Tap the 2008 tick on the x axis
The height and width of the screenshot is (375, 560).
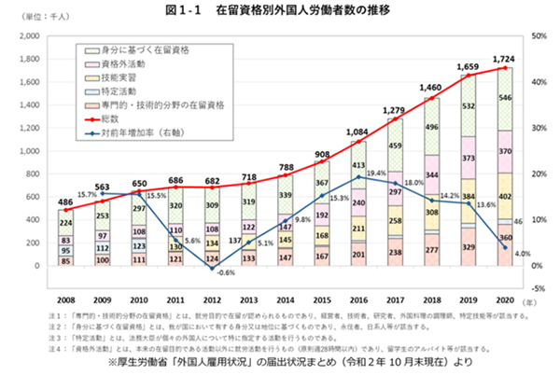click(x=64, y=300)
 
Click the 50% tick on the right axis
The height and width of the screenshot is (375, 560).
click(x=537, y=36)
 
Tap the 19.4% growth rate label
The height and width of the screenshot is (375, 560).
click(x=377, y=174)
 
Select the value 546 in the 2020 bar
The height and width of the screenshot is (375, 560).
click(x=504, y=98)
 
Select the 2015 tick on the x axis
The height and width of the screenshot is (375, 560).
click(x=322, y=300)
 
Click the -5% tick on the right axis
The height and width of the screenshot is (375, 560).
click(x=537, y=289)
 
